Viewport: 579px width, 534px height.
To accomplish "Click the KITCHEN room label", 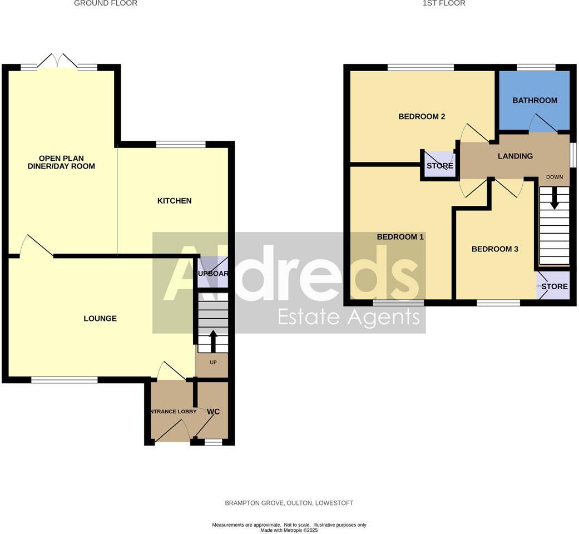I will click(x=175, y=201).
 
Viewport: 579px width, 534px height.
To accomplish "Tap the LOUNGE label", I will click(x=100, y=319).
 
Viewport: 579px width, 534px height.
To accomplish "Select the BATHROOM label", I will click(x=535, y=101).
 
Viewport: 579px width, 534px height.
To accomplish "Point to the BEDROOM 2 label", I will click(x=422, y=117).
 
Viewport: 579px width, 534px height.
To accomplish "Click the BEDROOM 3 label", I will click(x=494, y=249).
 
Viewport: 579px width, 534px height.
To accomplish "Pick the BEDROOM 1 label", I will click(x=400, y=237).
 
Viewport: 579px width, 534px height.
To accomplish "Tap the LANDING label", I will click(x=515, y=156).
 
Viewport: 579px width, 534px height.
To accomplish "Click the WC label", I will click(x=214, y=412).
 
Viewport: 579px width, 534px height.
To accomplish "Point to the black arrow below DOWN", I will click(x=554, y=197).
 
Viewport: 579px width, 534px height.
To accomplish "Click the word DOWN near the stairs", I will click(x=555, y=177).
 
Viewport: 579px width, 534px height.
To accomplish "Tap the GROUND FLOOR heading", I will click(x=106, y=3).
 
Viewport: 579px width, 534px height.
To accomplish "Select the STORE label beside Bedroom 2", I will click(x=439, y=166).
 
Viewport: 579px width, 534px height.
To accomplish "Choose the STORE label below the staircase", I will click(x=555, y=286).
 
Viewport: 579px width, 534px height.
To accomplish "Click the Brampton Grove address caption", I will click(x=289, y=503).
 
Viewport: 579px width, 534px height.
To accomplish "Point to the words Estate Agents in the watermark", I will click(x=348, y=317).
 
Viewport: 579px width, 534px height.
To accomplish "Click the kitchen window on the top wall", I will click(x=181, y=145).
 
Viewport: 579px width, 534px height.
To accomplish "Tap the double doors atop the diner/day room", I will click(x=58, y=61).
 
